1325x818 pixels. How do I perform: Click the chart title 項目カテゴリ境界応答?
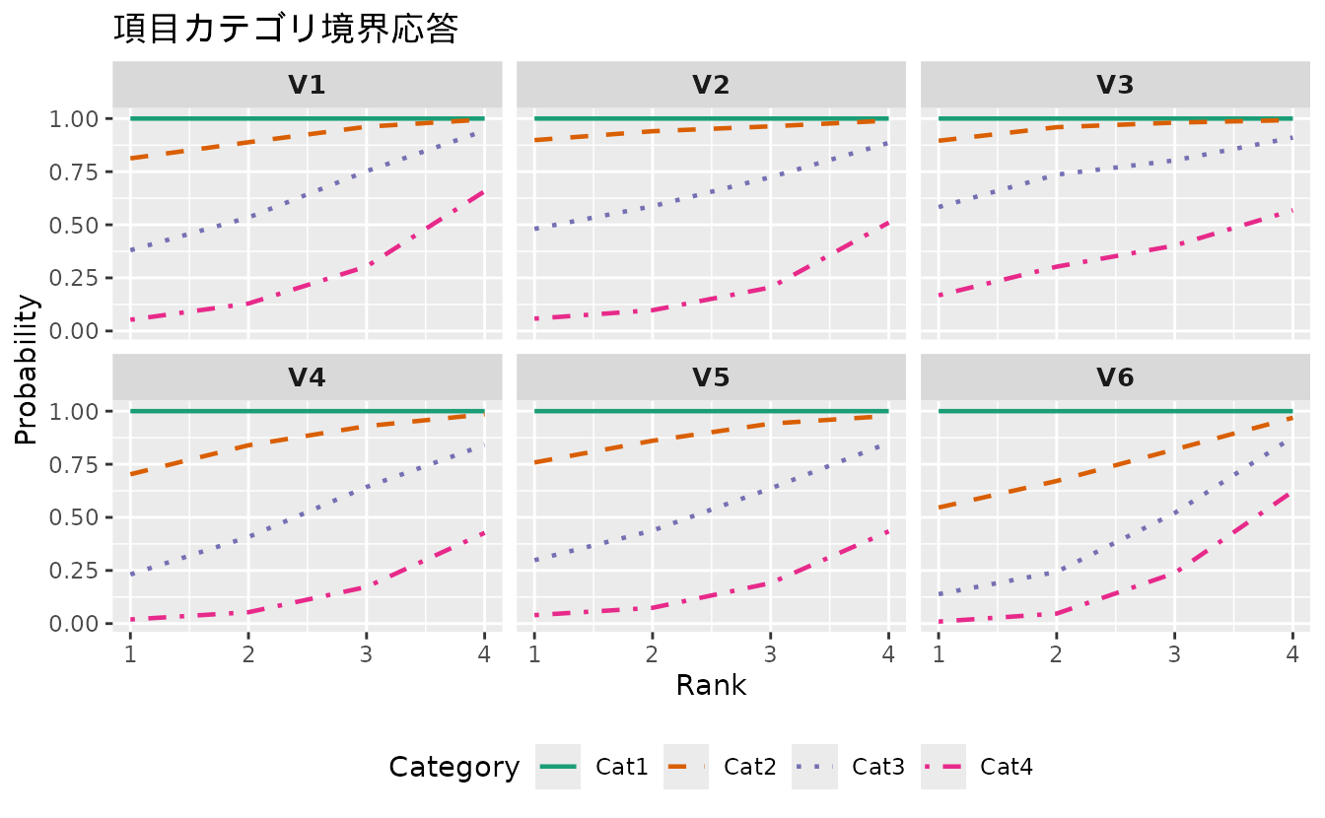tap(286, 30)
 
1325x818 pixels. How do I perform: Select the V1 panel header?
tap(307, 86)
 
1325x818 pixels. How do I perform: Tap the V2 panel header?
tap(711, 86)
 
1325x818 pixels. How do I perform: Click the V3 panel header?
tap(1115, 86)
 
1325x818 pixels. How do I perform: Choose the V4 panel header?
tap(307, 378)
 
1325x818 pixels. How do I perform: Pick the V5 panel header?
tap(711, 378)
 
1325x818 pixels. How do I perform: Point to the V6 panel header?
tap(1115, 378)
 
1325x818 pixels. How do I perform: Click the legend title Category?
tap(453, 767)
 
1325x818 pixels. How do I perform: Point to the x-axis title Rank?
tap(711, 686)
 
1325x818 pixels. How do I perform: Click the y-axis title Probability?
tap(27, 370)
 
